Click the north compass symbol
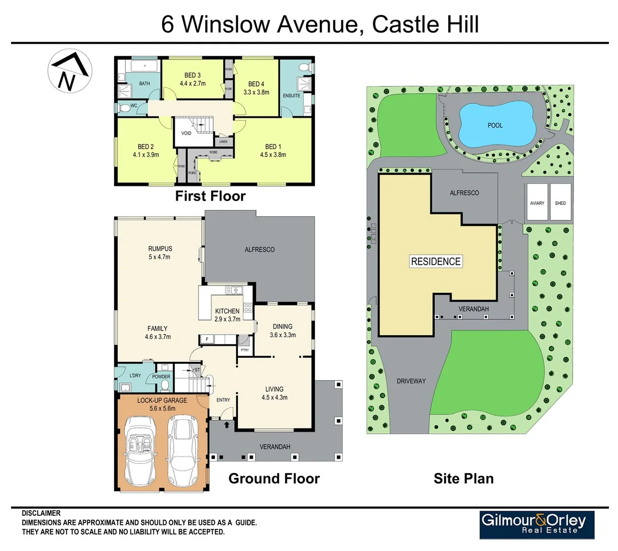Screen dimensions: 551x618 [70, 71]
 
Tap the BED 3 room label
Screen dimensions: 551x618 [192, 75]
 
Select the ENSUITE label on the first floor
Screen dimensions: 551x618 [292, 95]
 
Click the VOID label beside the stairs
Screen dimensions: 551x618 [186, 133]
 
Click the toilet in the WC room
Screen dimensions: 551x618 [124, 108]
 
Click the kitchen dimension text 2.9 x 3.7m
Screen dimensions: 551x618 [227, 319]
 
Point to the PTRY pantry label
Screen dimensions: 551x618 [245, 350]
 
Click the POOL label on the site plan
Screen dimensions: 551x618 [495, 125]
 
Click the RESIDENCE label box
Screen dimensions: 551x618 [436, 261]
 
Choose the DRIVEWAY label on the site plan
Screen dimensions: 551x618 [411, 381]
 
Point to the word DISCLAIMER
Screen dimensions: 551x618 [41, 513]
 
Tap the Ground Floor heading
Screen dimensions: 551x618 [274, 479]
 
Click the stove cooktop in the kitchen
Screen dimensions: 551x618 [248, 307]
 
